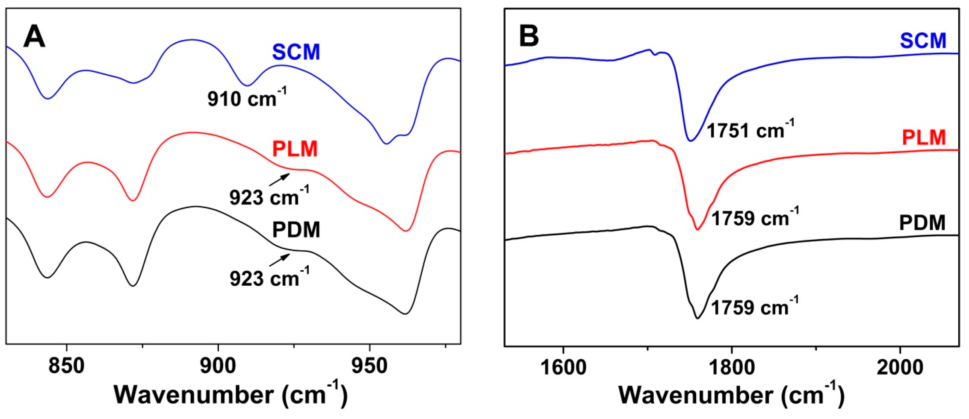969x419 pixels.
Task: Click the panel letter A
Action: point(34,37)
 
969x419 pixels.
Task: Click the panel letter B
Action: point(529,35)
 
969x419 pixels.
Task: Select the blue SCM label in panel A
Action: point(296,52)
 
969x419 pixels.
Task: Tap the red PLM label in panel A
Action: point(295,149)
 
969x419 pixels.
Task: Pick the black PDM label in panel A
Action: point(296,230)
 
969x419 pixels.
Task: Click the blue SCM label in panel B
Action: point(923,41)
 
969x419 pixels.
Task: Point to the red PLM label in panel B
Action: point(924,138)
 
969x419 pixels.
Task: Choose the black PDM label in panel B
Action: point(922,223)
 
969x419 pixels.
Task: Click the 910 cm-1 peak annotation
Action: point(247,98)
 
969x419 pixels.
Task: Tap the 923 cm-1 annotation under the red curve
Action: point(269,196)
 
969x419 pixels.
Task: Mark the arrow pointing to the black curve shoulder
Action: point(279,260)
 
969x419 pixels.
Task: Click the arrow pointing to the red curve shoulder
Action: point(279,180)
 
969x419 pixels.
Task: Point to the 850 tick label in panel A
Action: point(66,366)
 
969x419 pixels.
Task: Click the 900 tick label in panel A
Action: point(218,366)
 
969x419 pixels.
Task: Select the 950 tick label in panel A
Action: point(369,366)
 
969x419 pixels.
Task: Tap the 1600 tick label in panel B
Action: point(563,367)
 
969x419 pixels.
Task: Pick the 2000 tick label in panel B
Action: point(900,367)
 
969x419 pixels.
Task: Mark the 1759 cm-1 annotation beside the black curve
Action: point(754,307)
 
